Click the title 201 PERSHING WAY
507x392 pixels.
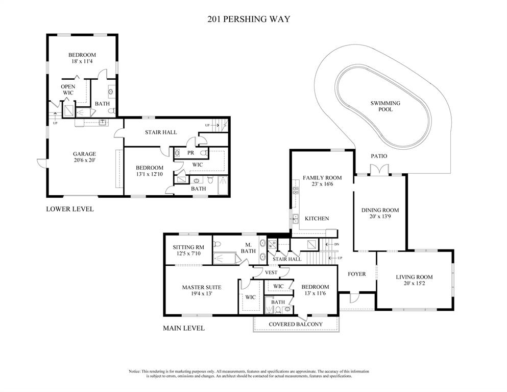coord(249,19)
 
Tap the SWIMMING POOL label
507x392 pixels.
coord(385,106)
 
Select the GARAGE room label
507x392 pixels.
coord(84,154)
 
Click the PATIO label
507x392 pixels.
coord(379,156)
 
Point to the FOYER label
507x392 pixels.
coord(357,274)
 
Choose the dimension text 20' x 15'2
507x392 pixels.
coord(414,284)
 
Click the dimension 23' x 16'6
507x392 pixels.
coord(322,184)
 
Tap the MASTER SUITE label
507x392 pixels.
coord(202,287)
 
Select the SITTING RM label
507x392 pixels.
coord(188,247)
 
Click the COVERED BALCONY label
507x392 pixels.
coord(296,325)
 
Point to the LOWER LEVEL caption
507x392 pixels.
coord(70,209)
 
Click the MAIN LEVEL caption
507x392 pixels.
coord(184,328)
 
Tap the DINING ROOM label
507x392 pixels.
coord(380,210)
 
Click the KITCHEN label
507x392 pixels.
coord(317,219)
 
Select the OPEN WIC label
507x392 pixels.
coord(68,89)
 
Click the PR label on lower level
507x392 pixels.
coord(190,153)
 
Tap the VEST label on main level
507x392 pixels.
coord(271,272)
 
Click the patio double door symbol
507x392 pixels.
coord(379,170)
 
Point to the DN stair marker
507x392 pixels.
coord(336,244)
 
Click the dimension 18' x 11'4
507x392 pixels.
coord(82,61)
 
